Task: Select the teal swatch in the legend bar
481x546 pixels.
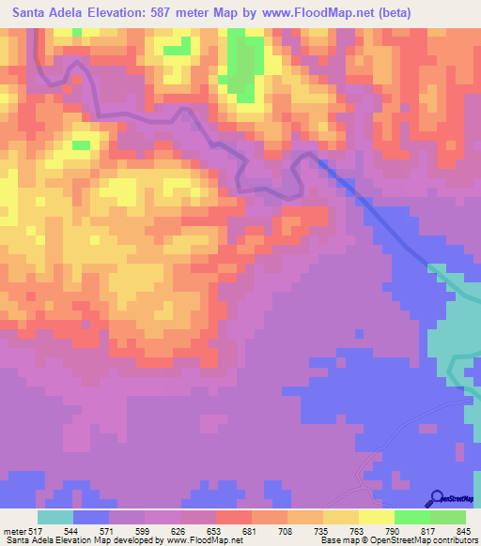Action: (x=55, y=517)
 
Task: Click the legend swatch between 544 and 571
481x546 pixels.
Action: (x=91, y=517)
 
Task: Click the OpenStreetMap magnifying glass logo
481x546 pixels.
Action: (x=436, y=498)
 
